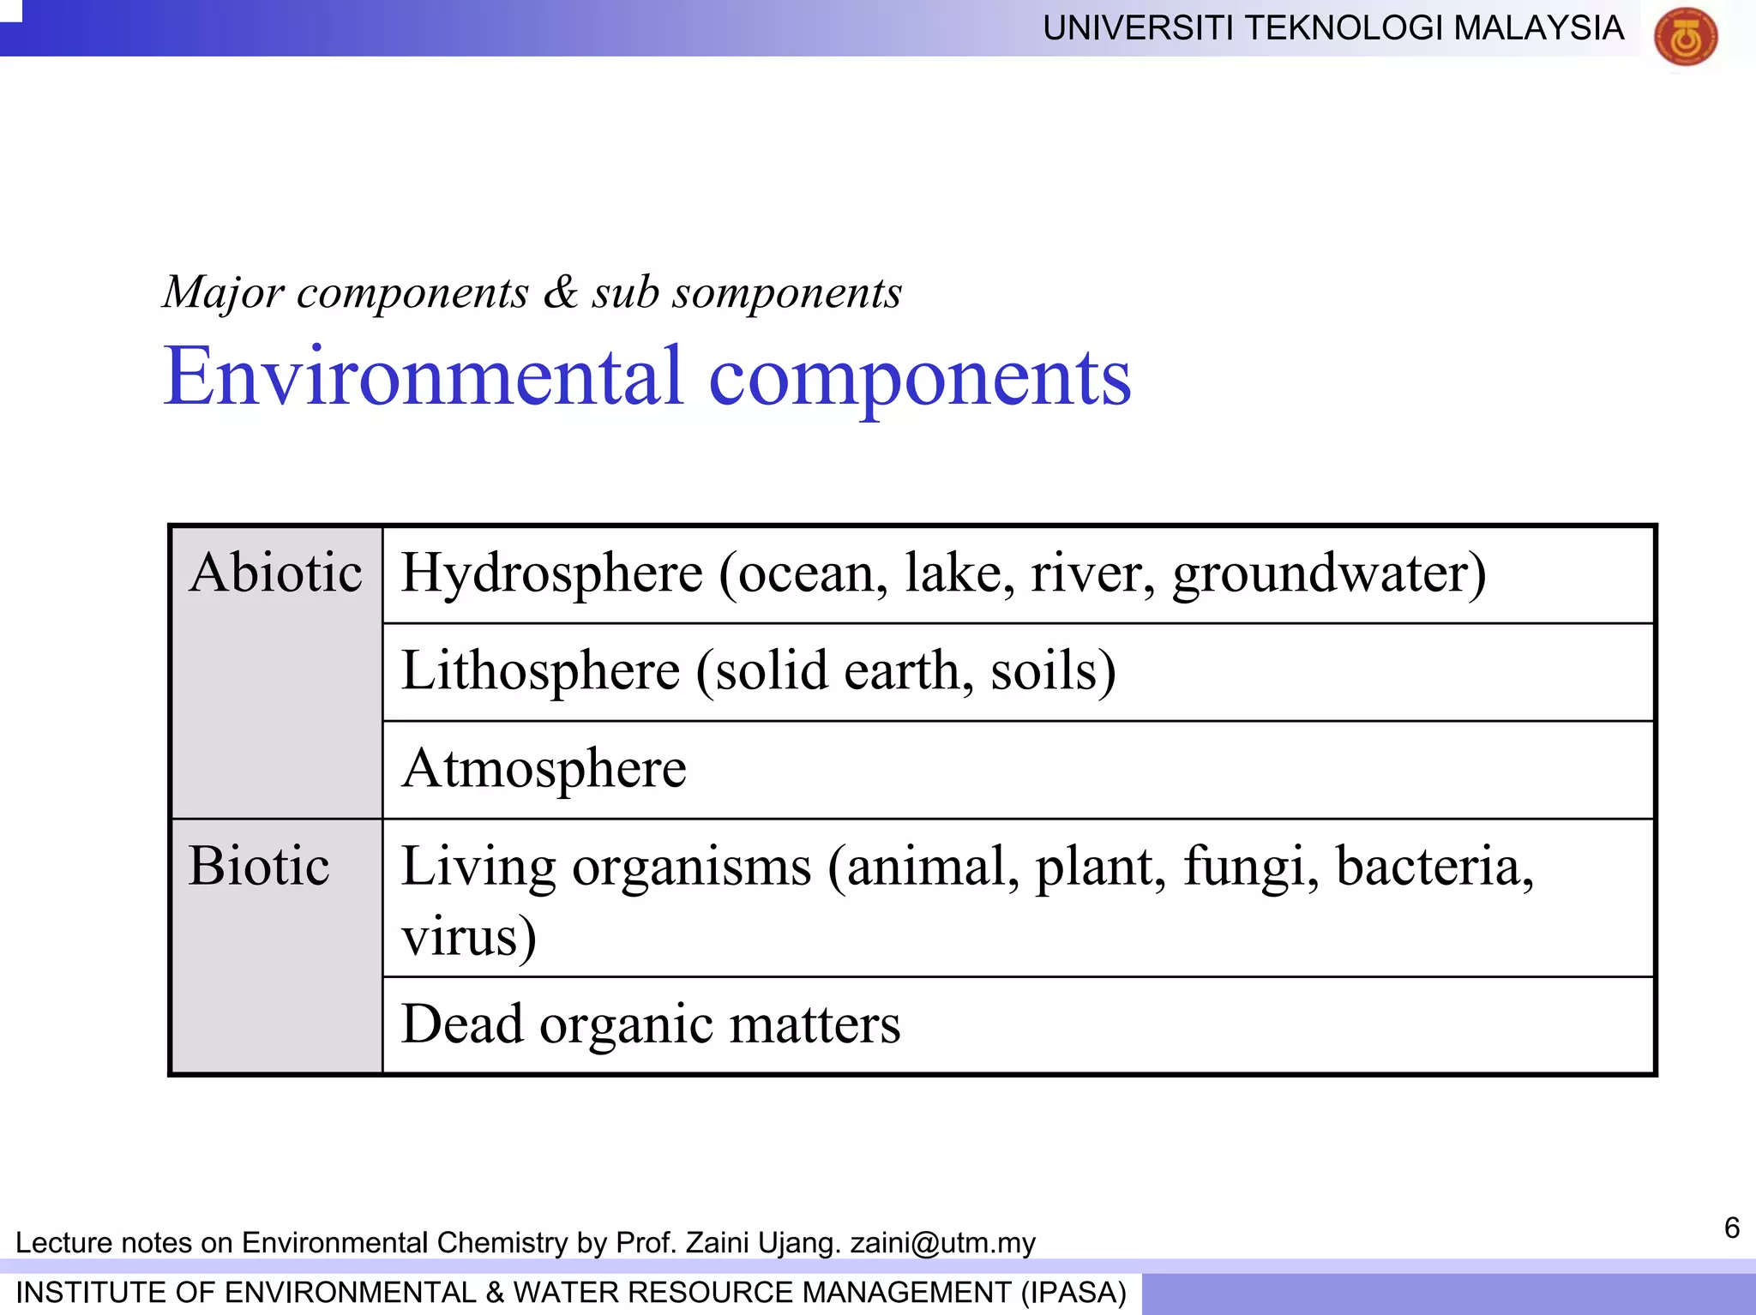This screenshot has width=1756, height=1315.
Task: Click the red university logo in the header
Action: click(1685, 36)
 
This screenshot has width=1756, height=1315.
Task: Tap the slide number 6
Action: click(1731, 1228)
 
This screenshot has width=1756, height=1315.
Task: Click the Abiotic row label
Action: click(276, 573)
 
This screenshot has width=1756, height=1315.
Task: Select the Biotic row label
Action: click(259, 866)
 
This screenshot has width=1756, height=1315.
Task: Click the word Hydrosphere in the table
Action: click(552, 574)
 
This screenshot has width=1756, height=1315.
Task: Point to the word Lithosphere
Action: click(540, 670)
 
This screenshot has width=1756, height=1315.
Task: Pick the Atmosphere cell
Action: click(544, 768)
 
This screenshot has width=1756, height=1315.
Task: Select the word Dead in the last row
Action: click(462, 1024)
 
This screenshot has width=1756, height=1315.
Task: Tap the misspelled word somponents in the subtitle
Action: click(787, 293)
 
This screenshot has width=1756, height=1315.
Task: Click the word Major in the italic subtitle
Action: click(223, 293)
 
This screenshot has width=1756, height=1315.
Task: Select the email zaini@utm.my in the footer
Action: click(942, 1243)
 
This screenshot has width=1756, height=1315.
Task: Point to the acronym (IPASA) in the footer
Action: click(1073, 1293)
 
